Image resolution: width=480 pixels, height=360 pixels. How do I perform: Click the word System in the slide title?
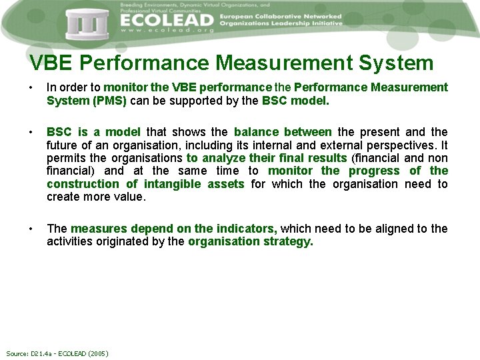pyautogui.click(x=396, y=63)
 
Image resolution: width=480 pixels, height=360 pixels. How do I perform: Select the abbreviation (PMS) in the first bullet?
pyautogui.click(x=109, y=101)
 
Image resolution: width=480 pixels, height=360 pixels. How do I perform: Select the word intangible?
pyautogui.click(x=174, y=184)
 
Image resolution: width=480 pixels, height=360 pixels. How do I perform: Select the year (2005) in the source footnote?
pyautogui.click(x=97, y=353)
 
